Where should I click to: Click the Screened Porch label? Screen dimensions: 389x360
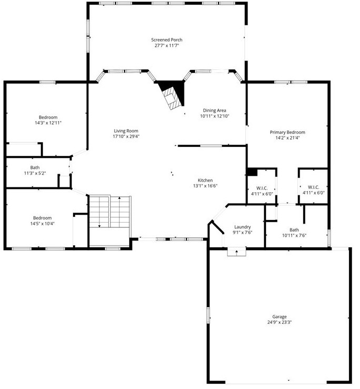click(167, 40)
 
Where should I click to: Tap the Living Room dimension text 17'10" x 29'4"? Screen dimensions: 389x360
click(126, 136)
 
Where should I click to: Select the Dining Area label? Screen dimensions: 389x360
click(214, 110)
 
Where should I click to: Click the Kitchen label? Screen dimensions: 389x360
click(205, 180)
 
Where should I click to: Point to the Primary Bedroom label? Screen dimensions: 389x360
click(287, 132)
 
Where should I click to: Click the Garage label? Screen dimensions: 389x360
click(279, 317)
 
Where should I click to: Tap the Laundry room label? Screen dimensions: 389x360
click(242, 227)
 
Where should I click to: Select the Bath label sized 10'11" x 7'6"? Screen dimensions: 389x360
click(294, 229)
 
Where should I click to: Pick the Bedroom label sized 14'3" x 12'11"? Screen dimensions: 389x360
click(48, 117)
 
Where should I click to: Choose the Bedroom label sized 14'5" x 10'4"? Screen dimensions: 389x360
click(43, 218)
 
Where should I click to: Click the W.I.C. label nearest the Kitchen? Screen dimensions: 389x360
click(262, 187)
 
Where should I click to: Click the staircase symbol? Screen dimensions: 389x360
click(109, 212)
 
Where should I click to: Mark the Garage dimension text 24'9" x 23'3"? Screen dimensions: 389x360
click(279, 322)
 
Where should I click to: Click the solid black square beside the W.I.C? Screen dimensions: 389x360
click(251, 171)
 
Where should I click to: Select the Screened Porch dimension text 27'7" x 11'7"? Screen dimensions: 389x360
click(167, 46)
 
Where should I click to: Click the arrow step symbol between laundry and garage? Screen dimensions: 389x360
click(237, 252)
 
